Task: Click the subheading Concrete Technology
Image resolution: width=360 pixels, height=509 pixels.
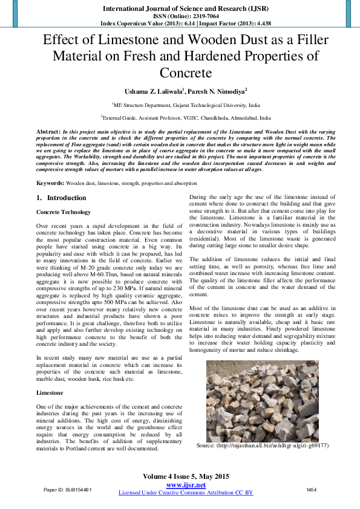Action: pyautogui.click(x=64, y=212)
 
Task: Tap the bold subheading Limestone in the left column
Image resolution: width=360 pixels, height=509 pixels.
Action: pyautogui.click(x=50, y=393)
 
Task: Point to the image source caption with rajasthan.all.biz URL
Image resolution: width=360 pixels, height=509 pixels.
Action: pyautogui.click(x=263, y=446)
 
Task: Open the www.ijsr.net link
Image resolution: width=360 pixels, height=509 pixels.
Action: pyautogui.click(x=185, y=485)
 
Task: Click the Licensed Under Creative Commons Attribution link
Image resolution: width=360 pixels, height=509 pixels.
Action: pyautogui.click(x=185, y=493)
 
